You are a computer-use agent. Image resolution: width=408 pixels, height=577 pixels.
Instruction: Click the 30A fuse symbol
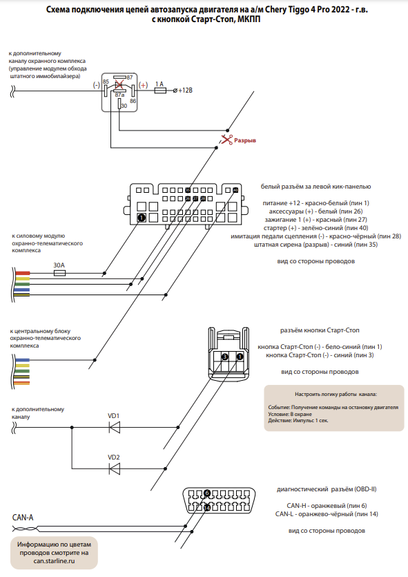pyautogui.click(x=59, y=273)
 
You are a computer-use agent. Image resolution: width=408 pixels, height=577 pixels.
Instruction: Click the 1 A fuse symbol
pyautogui.click(x=160, y=90)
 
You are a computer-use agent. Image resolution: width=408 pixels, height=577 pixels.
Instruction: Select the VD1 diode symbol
pyautogui.click(x=115, y=427)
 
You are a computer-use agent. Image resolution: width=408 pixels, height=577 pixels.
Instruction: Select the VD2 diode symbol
pyautogui.click(x=115, y=469)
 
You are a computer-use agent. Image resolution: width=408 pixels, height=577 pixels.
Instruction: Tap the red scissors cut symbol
pyautogui.click(x=226, y=140)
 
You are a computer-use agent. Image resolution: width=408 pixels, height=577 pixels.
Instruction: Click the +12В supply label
pyautogui.click(x=185, y=90)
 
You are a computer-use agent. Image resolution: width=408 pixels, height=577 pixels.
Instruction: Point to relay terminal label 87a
pyautogui.click(x=120, y=95)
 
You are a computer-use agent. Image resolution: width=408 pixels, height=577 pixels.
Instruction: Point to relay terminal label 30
pyautogui.click(x=124, y=106)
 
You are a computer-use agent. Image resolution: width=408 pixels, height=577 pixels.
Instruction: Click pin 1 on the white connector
pyautogui.click(x=142, y=218)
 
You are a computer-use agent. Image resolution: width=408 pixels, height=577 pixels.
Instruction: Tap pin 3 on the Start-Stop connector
pyautogui.click(x=225, y=357)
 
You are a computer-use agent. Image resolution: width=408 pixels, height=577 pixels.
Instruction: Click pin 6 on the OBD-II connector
pyautogui.click(x=207, y=493)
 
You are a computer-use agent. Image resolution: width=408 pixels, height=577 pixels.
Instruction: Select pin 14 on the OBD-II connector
pyautogui.click(x=207, y=508)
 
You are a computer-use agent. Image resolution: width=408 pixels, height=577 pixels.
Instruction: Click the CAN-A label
pyautogui.click(x=23, y=518)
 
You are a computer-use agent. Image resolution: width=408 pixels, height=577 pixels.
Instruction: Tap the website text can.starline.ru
pyautogui.click(x=54, y=561)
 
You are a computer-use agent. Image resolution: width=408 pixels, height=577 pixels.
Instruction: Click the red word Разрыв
pyautogui.click(x=245, y=140)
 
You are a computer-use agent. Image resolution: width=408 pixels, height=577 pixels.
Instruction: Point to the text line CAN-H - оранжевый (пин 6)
pyautogui.click(x=327, y=506)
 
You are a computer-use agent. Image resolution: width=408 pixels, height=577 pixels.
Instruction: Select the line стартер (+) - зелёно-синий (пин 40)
pyautogui.click(x=315, y=228)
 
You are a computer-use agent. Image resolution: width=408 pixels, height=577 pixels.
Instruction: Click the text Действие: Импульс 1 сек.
pyautogui.click(x=298, y=420)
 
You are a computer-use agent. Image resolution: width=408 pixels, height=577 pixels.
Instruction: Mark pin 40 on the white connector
pyautogui.click(x=235, y=190)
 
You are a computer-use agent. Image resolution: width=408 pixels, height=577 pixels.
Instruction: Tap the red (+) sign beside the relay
pyautogui.click(x=143, y=85)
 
